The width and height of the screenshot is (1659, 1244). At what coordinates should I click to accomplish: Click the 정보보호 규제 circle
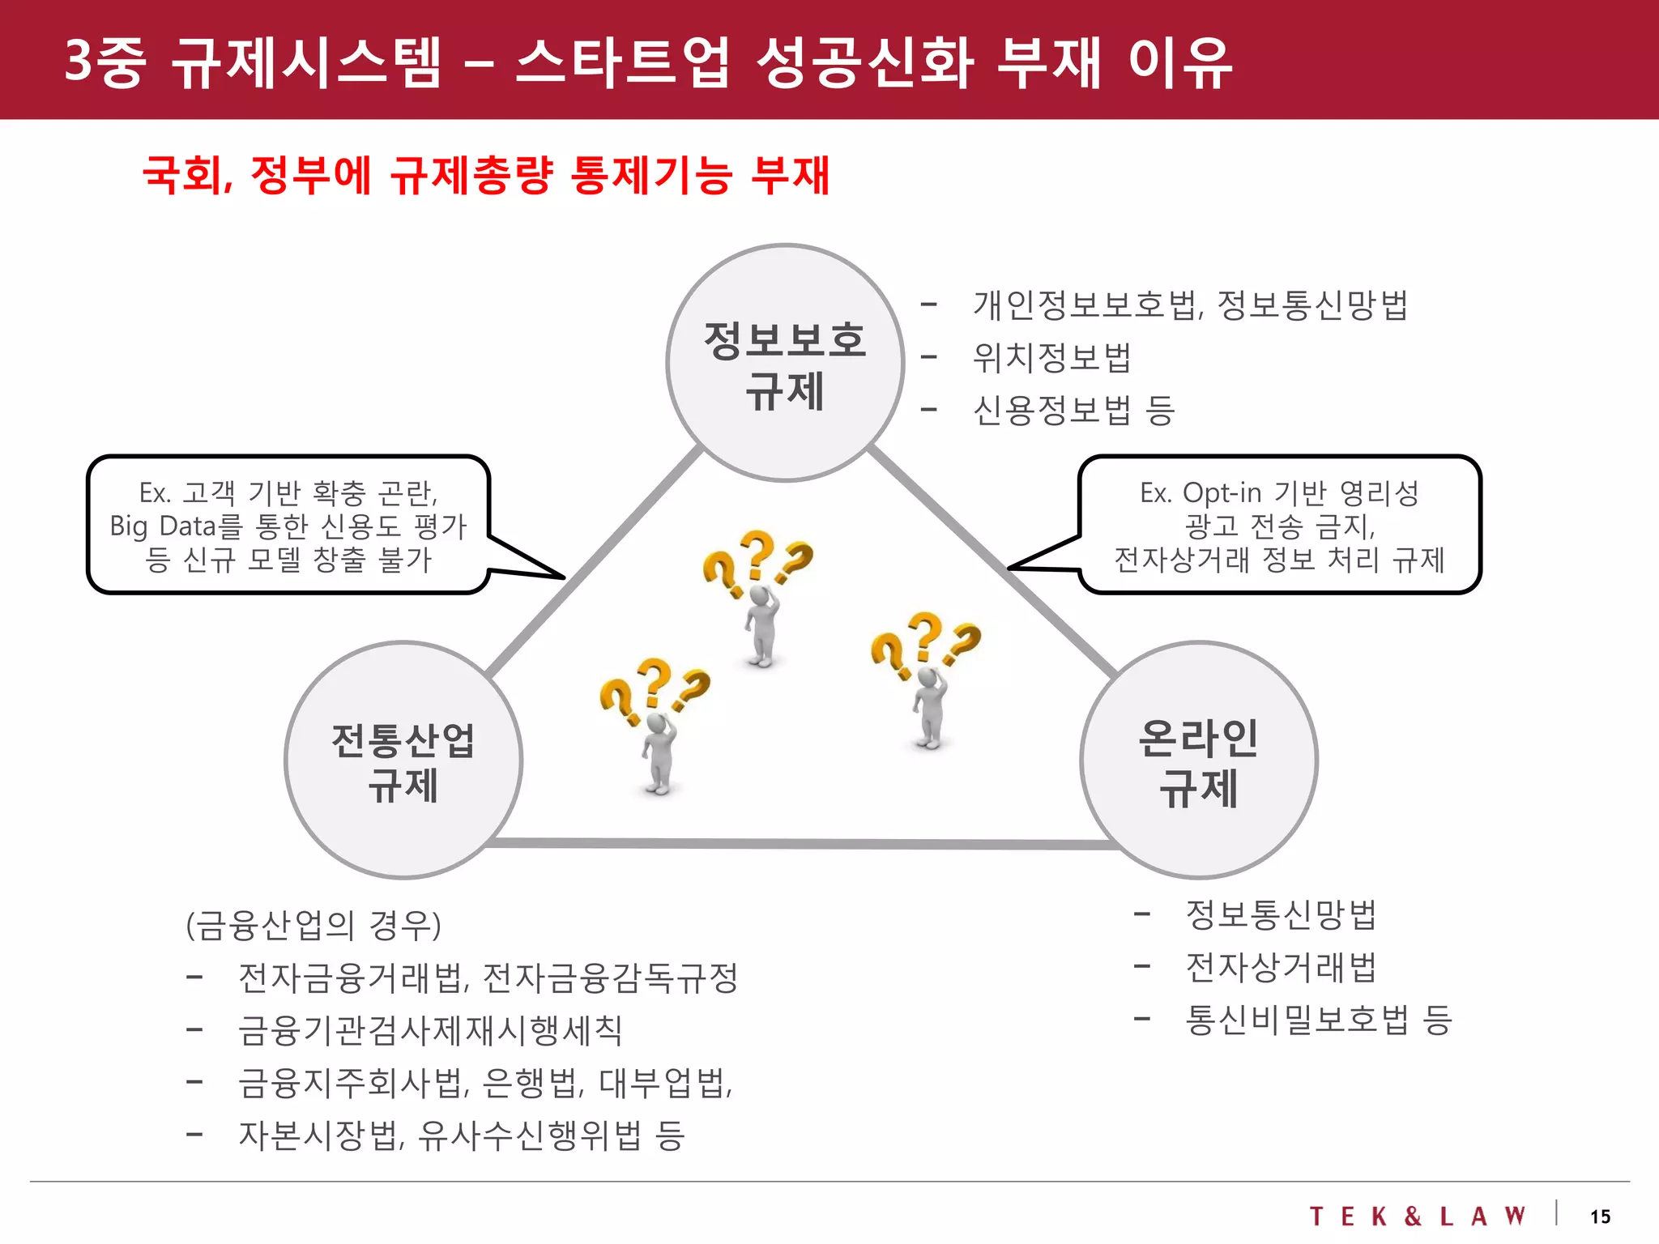click(784, 363)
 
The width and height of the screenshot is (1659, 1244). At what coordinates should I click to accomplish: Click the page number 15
click(1600, 1216)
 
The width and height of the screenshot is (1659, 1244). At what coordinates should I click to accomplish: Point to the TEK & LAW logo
click(1418, 1216)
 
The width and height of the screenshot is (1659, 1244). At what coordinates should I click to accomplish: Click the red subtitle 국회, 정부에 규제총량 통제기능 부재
click(486, 175)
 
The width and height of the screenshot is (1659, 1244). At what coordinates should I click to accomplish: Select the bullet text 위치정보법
click(1051, 357)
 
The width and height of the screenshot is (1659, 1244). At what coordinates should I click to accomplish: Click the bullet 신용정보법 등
click(1073, 410)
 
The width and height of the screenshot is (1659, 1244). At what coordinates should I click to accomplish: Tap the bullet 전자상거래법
click(1281, 967)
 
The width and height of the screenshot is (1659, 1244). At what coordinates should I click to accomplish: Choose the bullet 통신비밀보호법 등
click(1318, 1020)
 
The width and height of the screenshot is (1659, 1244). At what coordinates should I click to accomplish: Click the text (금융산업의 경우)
click(313, 925)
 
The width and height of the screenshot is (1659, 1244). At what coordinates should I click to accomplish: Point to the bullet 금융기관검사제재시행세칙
click(430, 1030)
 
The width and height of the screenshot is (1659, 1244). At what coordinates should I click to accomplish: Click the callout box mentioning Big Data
click(288, 526)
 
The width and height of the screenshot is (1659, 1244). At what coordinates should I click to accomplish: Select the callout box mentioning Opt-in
click(1280, 526)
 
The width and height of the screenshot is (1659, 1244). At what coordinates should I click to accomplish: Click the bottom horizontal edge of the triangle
click(802, 844)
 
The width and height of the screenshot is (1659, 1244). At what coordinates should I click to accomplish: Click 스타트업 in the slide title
click(622, 62)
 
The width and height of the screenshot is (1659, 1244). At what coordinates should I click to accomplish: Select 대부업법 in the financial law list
click(664, 1083)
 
